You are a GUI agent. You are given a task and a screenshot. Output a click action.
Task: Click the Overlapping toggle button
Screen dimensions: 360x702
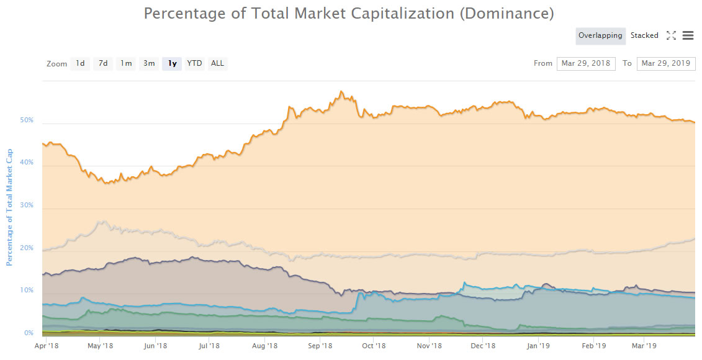[x=600, y=36]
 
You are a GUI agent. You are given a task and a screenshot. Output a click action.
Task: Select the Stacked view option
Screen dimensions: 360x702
[x=644, y=36]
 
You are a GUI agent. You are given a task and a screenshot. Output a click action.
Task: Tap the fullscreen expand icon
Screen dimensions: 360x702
[x=671, y=36]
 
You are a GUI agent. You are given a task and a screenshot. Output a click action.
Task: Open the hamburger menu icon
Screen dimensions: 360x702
[x=688, y=36]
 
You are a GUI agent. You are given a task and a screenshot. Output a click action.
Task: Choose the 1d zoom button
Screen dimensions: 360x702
[x=80, y=63]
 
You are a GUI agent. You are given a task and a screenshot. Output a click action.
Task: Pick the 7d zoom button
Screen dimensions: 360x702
[x=103, y=63]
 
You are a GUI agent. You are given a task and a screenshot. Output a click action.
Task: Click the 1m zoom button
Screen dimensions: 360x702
[x=126, y=63]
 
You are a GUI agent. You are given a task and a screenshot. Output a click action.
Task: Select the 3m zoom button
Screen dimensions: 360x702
[x=149, y=63]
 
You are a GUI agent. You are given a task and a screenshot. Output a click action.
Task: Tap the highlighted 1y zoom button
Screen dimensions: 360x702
[x=172, y=63]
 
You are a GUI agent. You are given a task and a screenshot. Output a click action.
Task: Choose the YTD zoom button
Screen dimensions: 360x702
[x=195, y=63]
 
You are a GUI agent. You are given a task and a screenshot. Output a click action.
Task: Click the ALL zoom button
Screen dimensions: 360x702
[x=217, y=63]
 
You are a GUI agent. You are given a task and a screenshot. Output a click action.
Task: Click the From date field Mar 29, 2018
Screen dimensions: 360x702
[x=586, y=63]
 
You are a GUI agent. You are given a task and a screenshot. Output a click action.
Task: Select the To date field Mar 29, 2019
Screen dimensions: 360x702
[x=666, y=63]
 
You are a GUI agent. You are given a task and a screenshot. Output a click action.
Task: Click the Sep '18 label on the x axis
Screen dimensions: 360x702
[x=320, y=346]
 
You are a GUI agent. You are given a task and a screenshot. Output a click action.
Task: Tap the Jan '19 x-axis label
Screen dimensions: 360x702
[x=538, y=346]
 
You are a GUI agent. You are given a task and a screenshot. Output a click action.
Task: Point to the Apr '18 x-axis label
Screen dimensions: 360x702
[x=47, y=346]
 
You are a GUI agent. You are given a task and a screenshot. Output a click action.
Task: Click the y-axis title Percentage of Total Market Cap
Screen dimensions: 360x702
[x=9, y=207]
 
